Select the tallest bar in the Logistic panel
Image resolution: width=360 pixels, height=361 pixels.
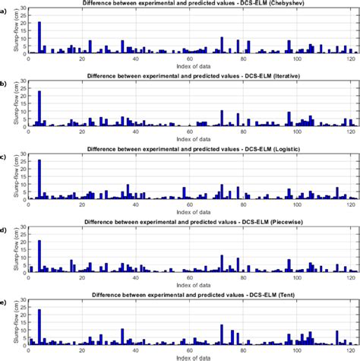39,179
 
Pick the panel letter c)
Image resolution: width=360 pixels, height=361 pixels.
5,156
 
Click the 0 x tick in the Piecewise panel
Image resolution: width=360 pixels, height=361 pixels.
29,278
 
